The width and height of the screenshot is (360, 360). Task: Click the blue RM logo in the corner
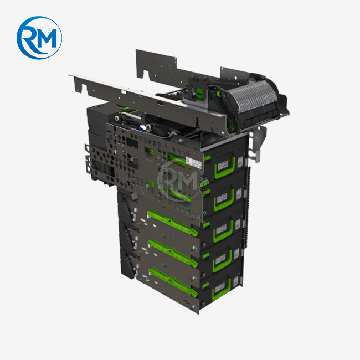click(39, 37)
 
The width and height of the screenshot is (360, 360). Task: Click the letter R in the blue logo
click(30, 38)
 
